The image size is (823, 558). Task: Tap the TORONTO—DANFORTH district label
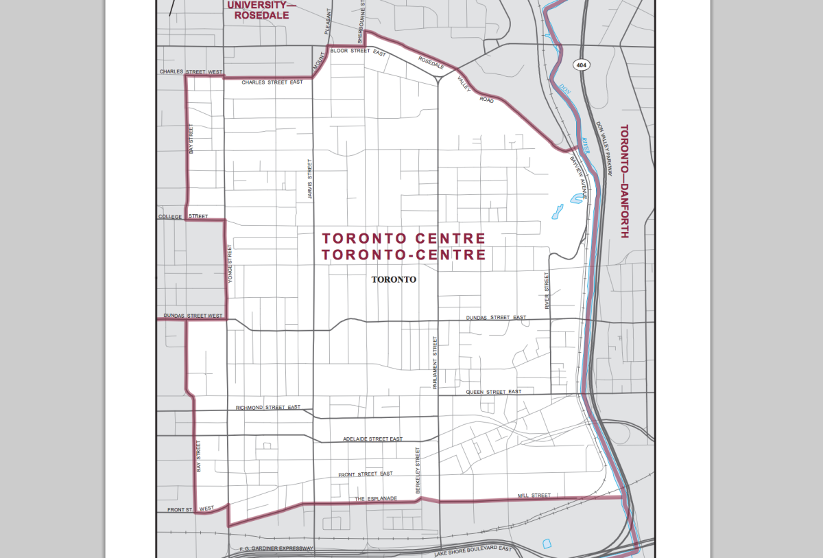pyautogui.click(x=623, y=181)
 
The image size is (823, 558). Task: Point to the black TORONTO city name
pyautogui.click(x=394, y=280)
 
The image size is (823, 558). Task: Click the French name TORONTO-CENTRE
pyautogui.click(x=404, y=255)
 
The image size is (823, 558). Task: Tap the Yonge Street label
pyautogui.click(x=230, y=264)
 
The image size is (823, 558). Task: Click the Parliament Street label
pyautogui.click(x=435, y=363)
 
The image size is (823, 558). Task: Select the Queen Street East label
pyautogui.click(x=494, y=392)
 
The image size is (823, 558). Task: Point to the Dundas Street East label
pyautogui.click(x=496, y=318)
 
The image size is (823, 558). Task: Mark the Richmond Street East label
pyautogui.click(x=268, y=408)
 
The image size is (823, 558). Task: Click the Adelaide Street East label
pyautogui.click(x=373, y=439)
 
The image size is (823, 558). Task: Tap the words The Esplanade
pyautogui.click(x=376, y=498)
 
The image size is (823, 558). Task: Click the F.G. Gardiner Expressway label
pyautogui.click(x=276, y=548)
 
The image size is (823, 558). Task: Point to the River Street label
pyautogui.click(x=547, y=290)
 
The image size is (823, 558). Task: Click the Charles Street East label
pyautogui.click(x=272, y=82)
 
